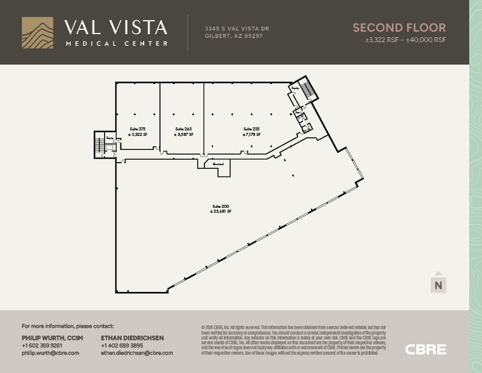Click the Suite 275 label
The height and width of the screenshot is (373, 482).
[138, 129]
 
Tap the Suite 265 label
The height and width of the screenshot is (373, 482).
[183, 129]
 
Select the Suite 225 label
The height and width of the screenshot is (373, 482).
[251, 129]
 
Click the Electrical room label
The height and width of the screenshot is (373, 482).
[218, 164]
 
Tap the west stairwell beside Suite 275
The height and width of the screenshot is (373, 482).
[99, 145]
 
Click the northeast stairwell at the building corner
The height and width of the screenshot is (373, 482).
[307, 89]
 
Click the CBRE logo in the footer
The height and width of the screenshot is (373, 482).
[425, 350]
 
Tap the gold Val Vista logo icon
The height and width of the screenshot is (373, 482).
[37, 32]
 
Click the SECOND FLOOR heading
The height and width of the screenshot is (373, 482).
[399, 27]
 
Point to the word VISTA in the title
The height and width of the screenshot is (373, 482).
[137, 27]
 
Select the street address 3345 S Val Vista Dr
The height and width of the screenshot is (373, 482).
[237, 29]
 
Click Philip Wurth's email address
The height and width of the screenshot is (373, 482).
[51, 353]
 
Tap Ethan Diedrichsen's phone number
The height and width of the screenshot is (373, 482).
[122, 346]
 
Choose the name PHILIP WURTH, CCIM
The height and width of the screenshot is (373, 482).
[53, 338]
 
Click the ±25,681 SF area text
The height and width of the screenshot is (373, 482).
[220, 211]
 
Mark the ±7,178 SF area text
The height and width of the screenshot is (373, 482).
[251, 134]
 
